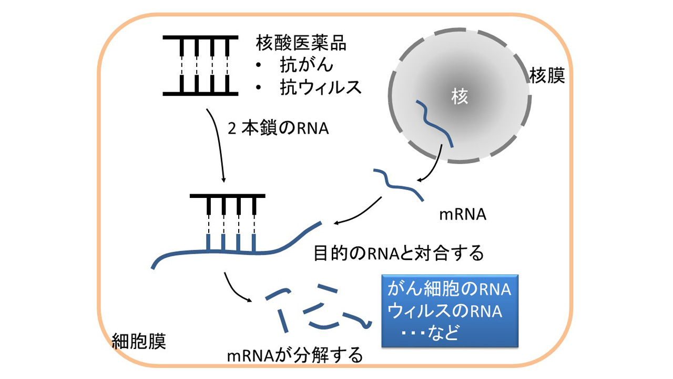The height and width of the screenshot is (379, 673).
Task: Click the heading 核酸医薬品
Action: (x=301, y=43)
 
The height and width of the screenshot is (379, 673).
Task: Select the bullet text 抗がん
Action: (x=307, y=65)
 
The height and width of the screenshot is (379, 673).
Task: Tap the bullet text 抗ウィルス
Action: (x=321, y=87)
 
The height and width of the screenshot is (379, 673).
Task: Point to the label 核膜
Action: (x=547, y=75)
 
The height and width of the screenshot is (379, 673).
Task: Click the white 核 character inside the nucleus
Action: (x=460, y=97)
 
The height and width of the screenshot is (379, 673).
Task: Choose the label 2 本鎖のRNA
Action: (x=278, y=128)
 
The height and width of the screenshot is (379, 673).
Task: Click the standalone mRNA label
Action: (x=463, y=215)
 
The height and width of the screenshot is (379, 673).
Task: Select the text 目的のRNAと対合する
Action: (x=399, y=253)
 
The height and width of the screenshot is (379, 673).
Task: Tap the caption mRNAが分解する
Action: (x=295, y=355)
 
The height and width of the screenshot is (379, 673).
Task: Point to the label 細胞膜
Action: (x=139, y=342)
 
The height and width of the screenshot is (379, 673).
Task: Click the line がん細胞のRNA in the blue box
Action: (x=449, y=289)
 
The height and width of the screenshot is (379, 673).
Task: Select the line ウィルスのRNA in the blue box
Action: (x=445, y=311)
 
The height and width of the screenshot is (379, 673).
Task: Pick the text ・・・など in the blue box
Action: (x=430, y=333)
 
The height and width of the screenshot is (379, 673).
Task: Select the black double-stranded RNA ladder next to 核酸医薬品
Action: (x=200, y=66)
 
